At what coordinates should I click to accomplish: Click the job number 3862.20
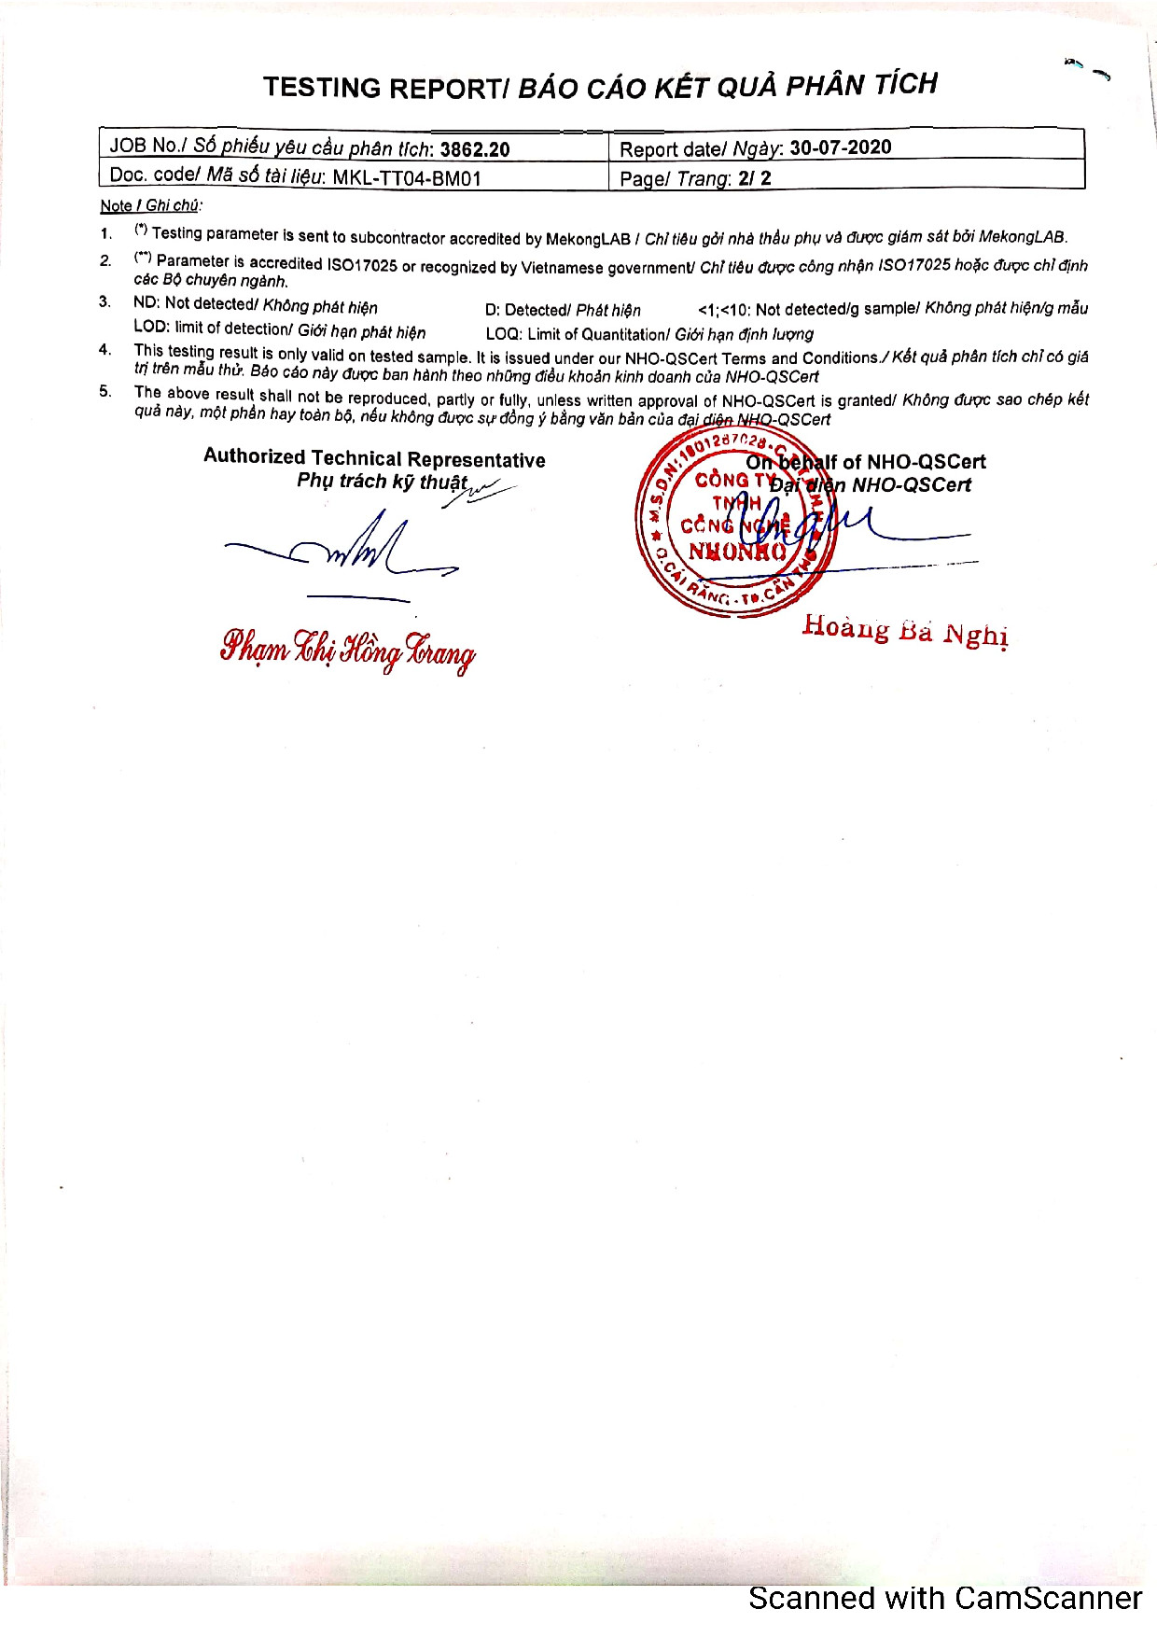point(475,149)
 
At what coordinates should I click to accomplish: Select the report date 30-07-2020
point(840,147)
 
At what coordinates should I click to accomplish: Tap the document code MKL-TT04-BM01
point(407,177)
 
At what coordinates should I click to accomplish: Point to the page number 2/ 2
point(754,178)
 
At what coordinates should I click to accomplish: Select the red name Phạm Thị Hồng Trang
point(347,649)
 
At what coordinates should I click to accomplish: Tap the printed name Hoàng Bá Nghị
point(905,630)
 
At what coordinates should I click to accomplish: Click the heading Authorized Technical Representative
point(374,458)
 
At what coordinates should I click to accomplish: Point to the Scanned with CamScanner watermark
point(944,1598)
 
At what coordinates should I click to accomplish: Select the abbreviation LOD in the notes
point(150,328)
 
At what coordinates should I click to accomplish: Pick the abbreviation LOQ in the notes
point(503,334)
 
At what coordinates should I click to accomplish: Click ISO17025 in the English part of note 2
point(361,265)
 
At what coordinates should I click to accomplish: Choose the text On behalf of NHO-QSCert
point(866,462)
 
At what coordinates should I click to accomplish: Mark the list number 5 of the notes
point(105,392)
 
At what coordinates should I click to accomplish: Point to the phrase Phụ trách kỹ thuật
point(382,482)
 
